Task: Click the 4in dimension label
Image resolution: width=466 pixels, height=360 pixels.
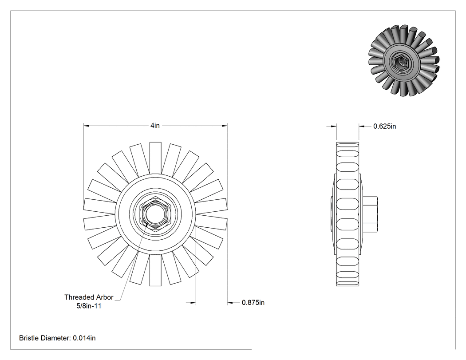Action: [x=155, y=126]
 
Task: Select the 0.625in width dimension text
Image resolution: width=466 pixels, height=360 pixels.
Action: [x=385, y=127]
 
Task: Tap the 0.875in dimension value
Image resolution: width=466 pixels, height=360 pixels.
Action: [x=253, y=303]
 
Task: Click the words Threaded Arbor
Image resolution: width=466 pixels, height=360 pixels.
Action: [x=89, y=297]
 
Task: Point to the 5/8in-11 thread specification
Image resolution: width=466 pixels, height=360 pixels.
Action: [x=89, y=306]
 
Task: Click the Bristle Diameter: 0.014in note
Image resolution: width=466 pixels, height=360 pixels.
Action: [x=57, y=338]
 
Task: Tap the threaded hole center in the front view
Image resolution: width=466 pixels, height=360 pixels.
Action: [x=155, y=214]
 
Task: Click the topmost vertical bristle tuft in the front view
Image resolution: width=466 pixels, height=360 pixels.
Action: [x=155, y=158]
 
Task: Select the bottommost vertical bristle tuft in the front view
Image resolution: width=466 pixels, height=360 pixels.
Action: [x=155, y=270]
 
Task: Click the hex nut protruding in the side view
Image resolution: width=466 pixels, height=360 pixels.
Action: [x=370, y=214]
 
